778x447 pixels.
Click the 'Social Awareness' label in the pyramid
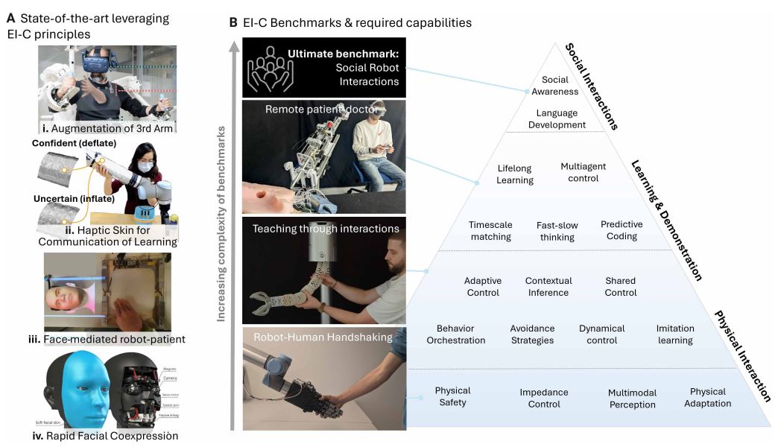coord(554,86)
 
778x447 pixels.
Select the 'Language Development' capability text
coord(557,119)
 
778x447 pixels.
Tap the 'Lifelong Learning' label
coord(515,174)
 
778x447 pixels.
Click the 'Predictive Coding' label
coord(622,230)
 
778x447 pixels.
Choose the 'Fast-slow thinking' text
coord(557,231)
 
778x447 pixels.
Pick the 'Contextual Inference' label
coord(548,287)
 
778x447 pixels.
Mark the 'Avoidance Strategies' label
coord(532,335)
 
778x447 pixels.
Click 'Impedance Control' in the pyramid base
coord(544,398)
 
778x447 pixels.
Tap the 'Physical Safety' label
coord(453,396)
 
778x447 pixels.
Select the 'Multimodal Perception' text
coord(632,398)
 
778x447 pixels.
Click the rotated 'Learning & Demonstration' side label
coord(667,220)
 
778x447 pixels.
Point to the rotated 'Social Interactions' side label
coord(592,86)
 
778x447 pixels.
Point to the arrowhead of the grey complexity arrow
coord(234,45)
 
